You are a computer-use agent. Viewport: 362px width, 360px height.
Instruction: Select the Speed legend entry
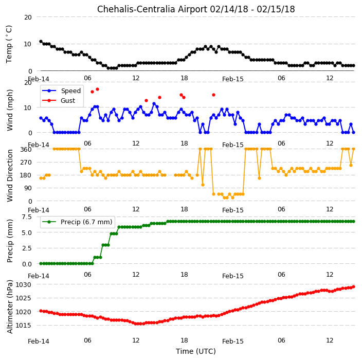(61, 91)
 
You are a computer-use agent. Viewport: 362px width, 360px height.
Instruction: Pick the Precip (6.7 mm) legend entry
(77, 222)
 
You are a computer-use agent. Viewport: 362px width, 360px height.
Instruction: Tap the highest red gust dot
(97, 89)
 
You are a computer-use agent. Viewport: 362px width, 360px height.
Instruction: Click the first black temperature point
(41, 42)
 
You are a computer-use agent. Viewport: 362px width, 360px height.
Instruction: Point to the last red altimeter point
(353, 287)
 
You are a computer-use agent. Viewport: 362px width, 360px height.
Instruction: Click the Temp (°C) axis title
(9, 44)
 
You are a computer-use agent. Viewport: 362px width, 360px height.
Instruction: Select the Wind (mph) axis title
(9, 110)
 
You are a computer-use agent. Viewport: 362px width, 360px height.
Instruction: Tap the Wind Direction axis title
(9, 175)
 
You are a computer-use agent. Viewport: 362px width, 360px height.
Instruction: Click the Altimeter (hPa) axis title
(9, 307)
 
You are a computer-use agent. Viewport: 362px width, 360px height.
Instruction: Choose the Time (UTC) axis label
(196, 351)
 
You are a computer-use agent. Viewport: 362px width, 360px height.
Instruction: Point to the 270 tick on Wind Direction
(26, 163)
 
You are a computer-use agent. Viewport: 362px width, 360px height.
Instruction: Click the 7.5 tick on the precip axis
(27, 217)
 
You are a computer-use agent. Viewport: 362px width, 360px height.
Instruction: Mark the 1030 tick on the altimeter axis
(23, 285)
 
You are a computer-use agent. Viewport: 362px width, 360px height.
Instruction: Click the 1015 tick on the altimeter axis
(23, 326)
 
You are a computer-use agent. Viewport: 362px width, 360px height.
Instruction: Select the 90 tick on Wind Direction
(28, 188)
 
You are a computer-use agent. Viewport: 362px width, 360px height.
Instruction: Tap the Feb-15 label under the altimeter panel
(233, 341)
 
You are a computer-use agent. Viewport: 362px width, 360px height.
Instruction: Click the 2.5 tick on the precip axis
(27, 248)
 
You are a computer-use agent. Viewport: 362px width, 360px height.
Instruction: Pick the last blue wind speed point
(353, 133)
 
